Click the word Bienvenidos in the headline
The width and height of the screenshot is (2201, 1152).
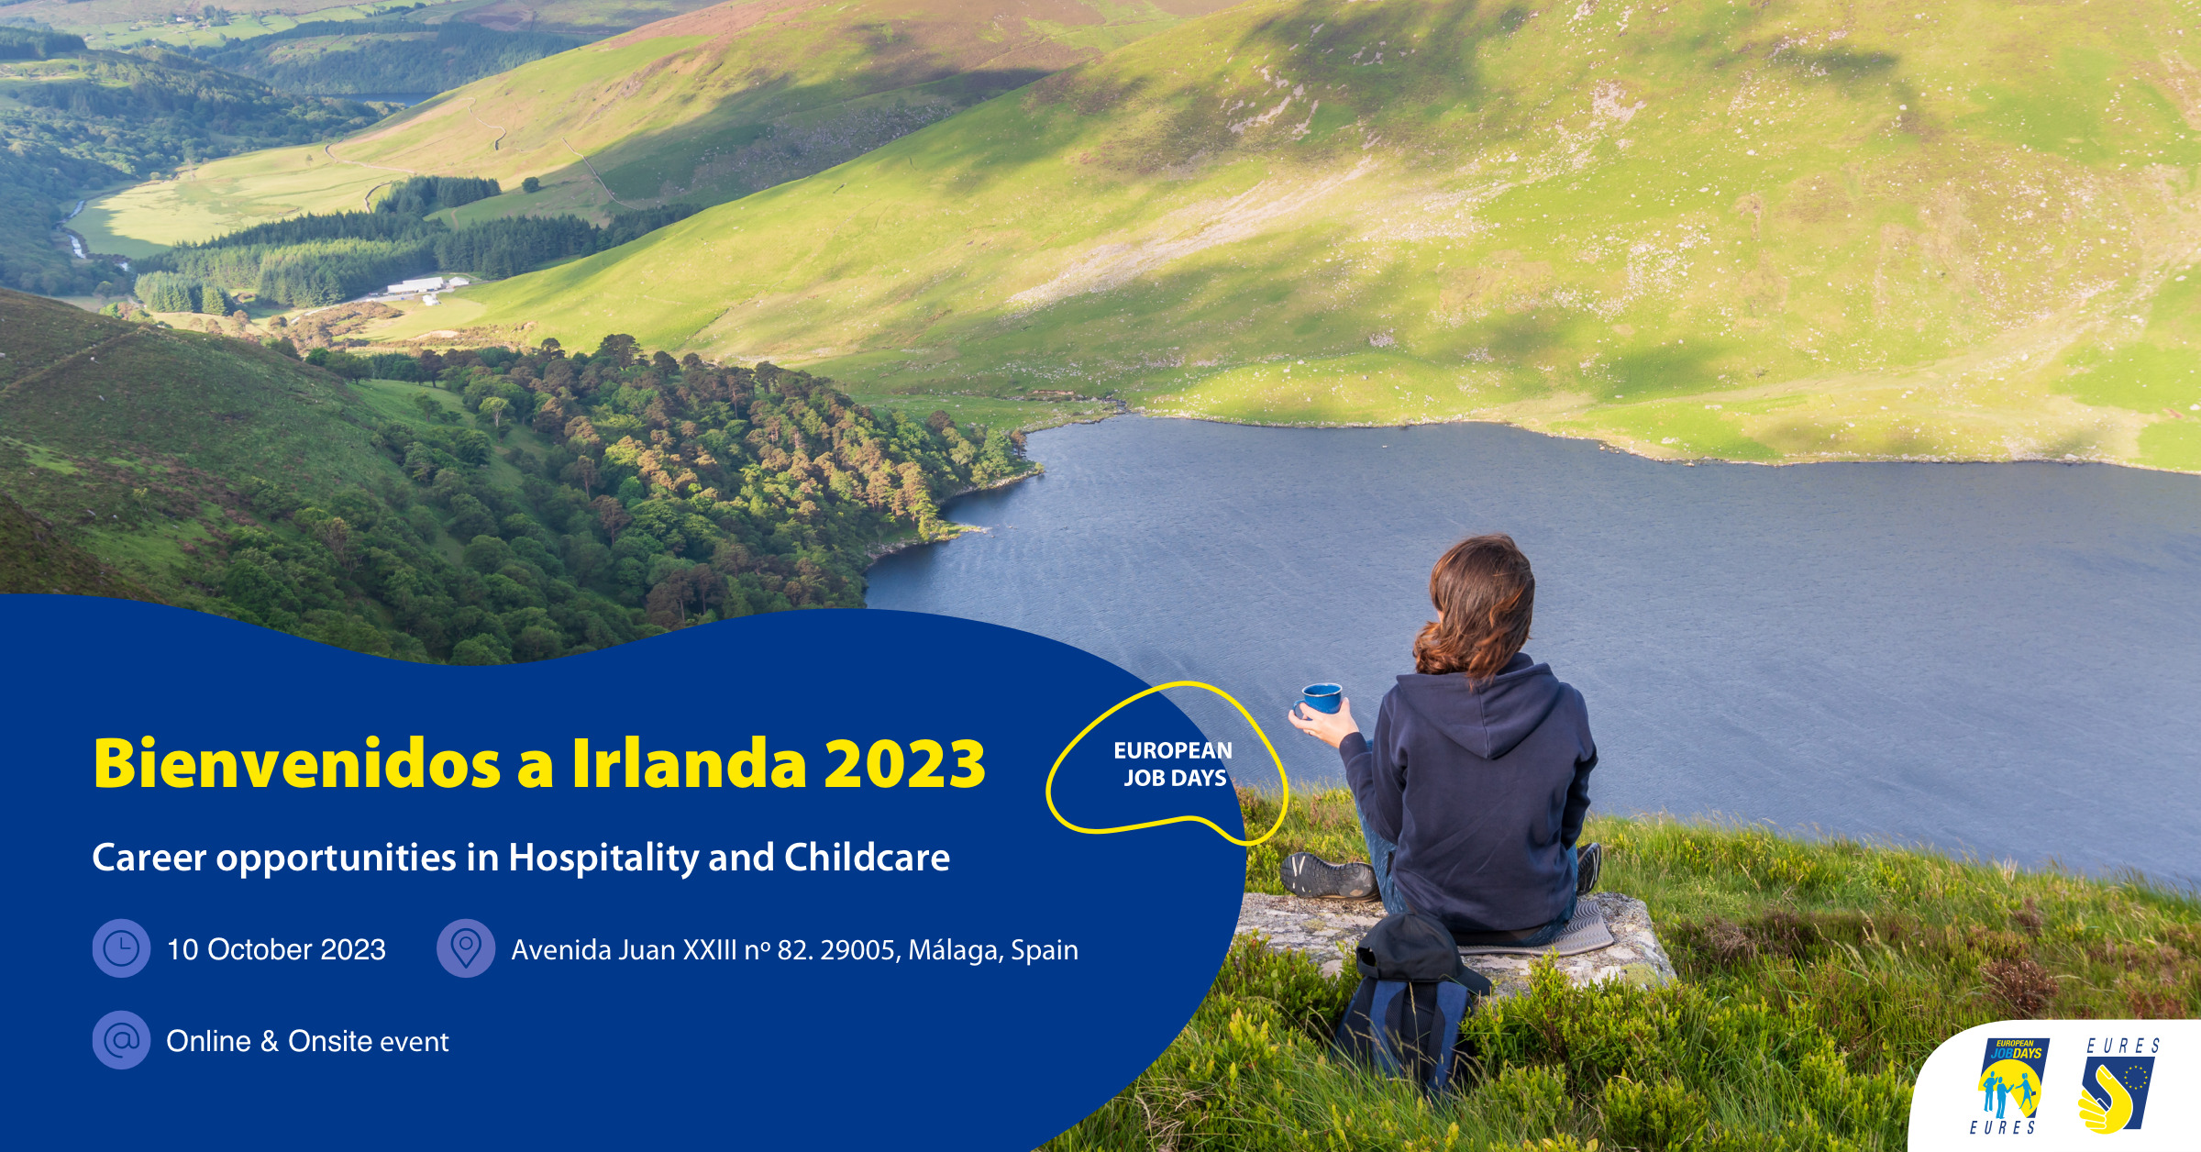297,763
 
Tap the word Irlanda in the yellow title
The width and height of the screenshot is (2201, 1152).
689,763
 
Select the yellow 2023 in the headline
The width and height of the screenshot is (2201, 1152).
905,763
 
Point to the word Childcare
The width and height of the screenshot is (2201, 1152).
867,858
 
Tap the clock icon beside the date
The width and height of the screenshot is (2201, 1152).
121,948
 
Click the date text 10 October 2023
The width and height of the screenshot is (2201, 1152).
276,949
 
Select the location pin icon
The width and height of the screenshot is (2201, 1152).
466,948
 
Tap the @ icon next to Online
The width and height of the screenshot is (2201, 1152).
121,1040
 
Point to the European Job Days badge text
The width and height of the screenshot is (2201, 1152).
1173,764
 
